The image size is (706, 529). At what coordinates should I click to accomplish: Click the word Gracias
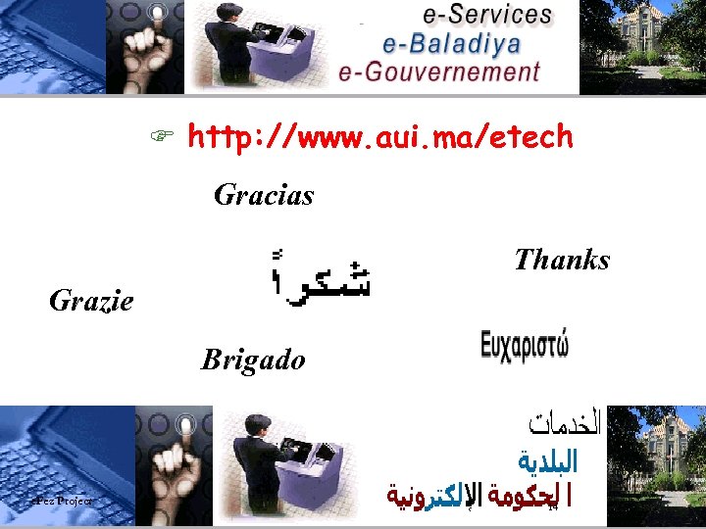tap(264, 195)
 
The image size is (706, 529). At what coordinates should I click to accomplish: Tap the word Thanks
tap(562, 260)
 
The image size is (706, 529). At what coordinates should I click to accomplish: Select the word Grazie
tap(91, 300)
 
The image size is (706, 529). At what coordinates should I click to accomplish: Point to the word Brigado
tap(253, 360)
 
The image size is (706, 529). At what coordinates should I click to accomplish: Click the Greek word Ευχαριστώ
tap(525, 348)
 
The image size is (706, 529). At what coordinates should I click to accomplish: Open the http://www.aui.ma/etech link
tap(379, 138)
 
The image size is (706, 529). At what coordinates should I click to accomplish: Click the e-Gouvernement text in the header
tap(439, 72)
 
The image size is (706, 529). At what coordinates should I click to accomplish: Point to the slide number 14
tap(553, 508)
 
